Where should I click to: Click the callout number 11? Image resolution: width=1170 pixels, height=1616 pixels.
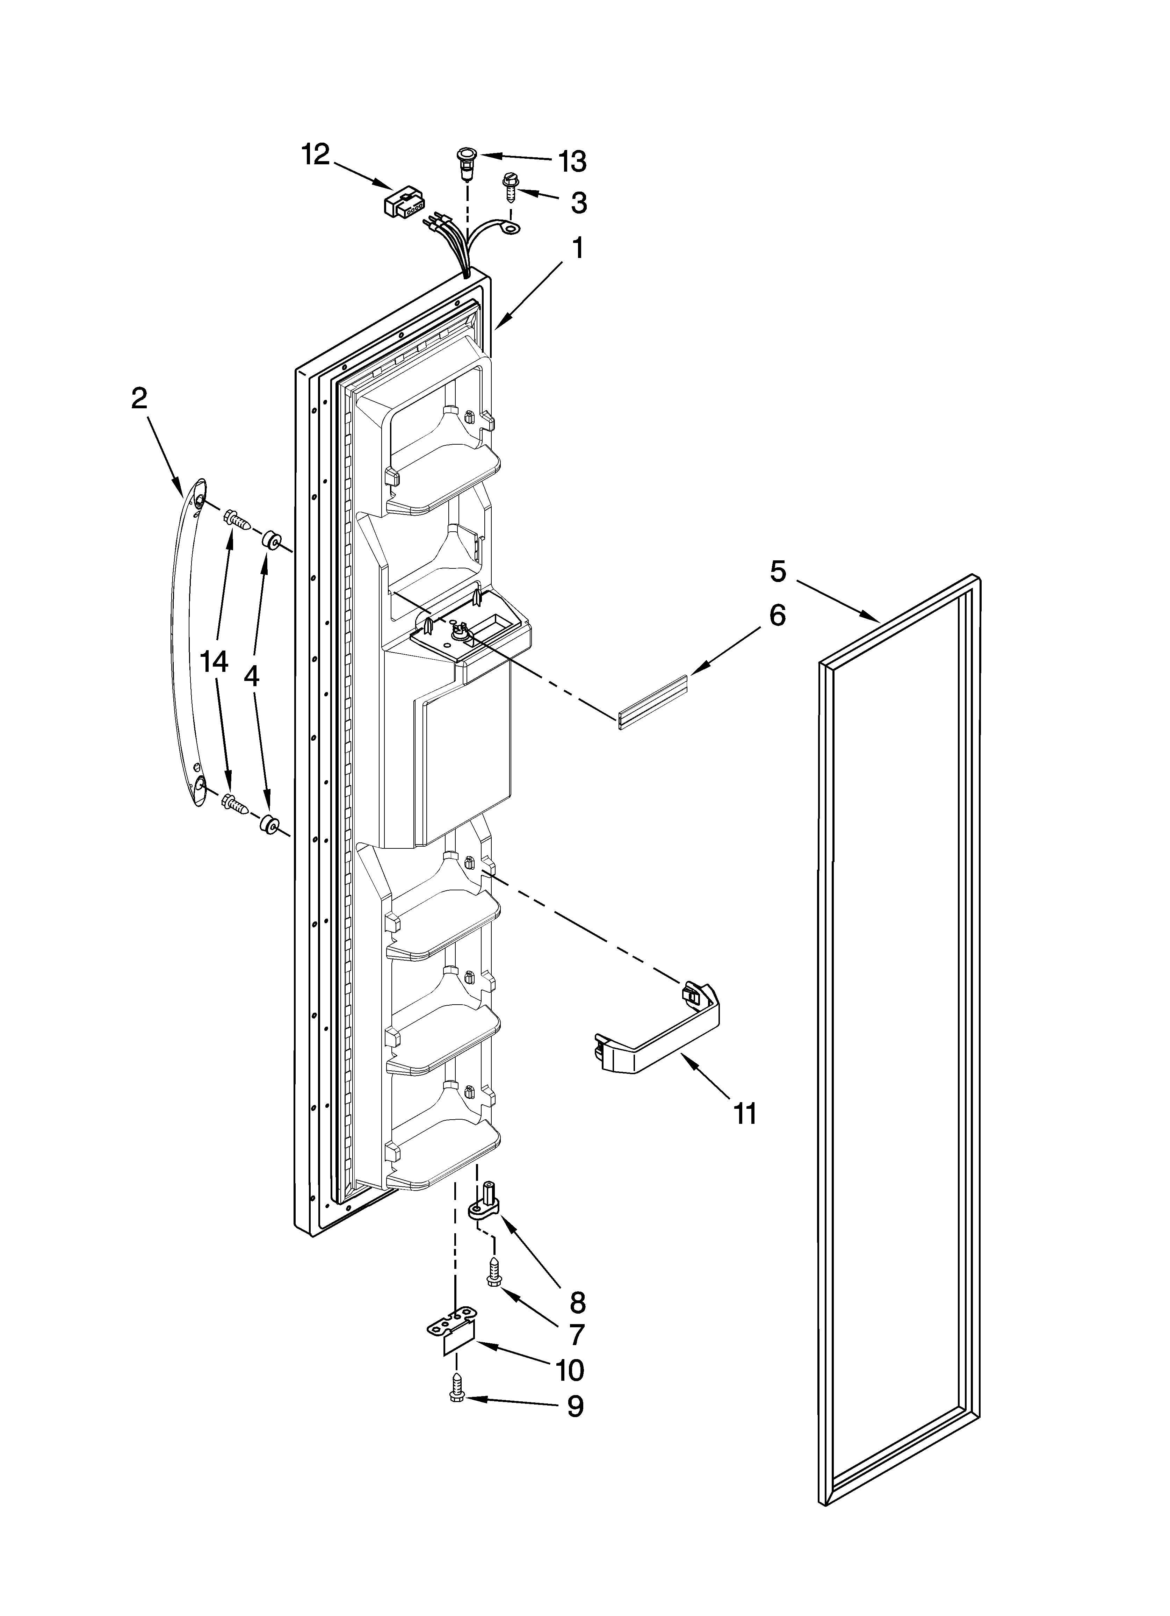point(745,1112)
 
